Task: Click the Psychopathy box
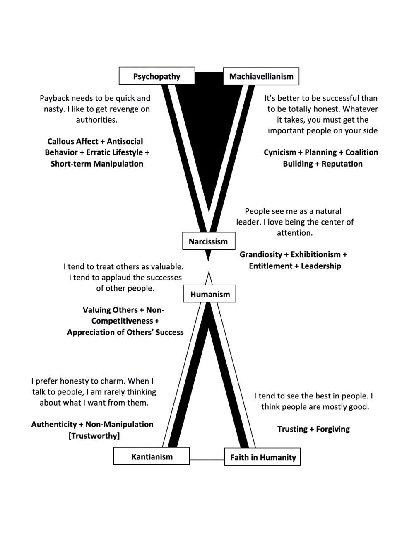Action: [156, 76]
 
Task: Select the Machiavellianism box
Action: [261, 76]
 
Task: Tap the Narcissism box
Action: [208, 241]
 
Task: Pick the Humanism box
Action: [209, 294]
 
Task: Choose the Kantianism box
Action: [152, 456]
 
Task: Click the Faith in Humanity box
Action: [262, 457]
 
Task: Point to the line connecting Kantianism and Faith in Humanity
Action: [207, 459]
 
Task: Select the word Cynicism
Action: [280, 152]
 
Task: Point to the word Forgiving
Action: [333, 429]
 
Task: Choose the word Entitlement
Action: [270, 266]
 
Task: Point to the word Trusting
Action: [292, 429]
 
